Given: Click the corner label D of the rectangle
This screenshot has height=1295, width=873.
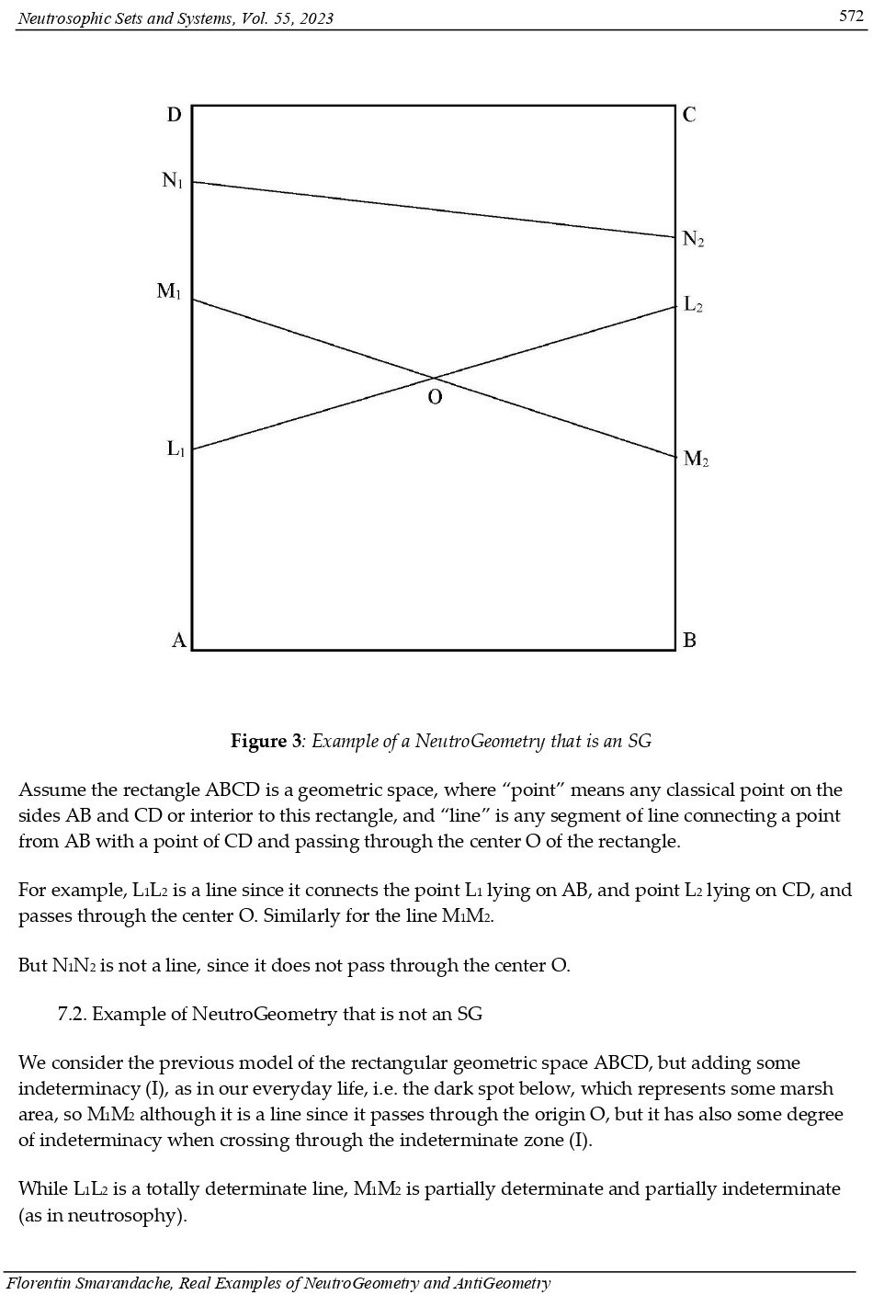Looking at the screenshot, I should click(174, 115).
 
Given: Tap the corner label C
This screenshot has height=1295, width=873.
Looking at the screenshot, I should click(690, 115).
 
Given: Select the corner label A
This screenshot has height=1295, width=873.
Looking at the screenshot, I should click(179, 640).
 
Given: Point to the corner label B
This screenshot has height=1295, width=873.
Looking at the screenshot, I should click(690, 640).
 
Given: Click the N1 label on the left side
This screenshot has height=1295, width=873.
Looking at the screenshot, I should click(173, 180).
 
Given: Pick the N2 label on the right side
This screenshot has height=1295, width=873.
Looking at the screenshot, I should click(694, 240).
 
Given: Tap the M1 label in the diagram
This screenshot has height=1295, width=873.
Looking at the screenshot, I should click(169, 291).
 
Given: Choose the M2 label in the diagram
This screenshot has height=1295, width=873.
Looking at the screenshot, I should click(696, 459).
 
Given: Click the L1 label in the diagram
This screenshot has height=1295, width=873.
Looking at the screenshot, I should click(176, 449).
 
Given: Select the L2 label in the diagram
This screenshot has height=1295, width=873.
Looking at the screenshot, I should click(694, 304).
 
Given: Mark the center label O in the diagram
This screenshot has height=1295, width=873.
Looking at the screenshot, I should click(435, 397).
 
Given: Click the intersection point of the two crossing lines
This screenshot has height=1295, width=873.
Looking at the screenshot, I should click(433, 378).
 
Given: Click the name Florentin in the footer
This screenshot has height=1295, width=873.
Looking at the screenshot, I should click(39, 1283).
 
